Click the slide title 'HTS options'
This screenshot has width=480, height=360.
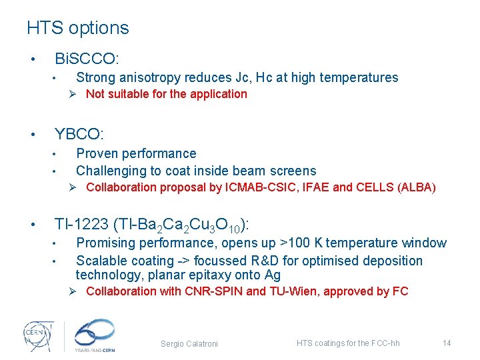pos(77,28)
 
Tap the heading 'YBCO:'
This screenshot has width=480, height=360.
pos(79,135)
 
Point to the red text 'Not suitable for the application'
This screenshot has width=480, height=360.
pos(166,94)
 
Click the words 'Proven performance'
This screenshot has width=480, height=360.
pos(136,153)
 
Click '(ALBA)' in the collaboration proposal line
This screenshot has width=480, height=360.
pos(416,187)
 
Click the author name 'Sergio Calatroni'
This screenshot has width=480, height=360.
pos(189,343)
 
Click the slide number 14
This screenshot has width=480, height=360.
pos(447,343)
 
